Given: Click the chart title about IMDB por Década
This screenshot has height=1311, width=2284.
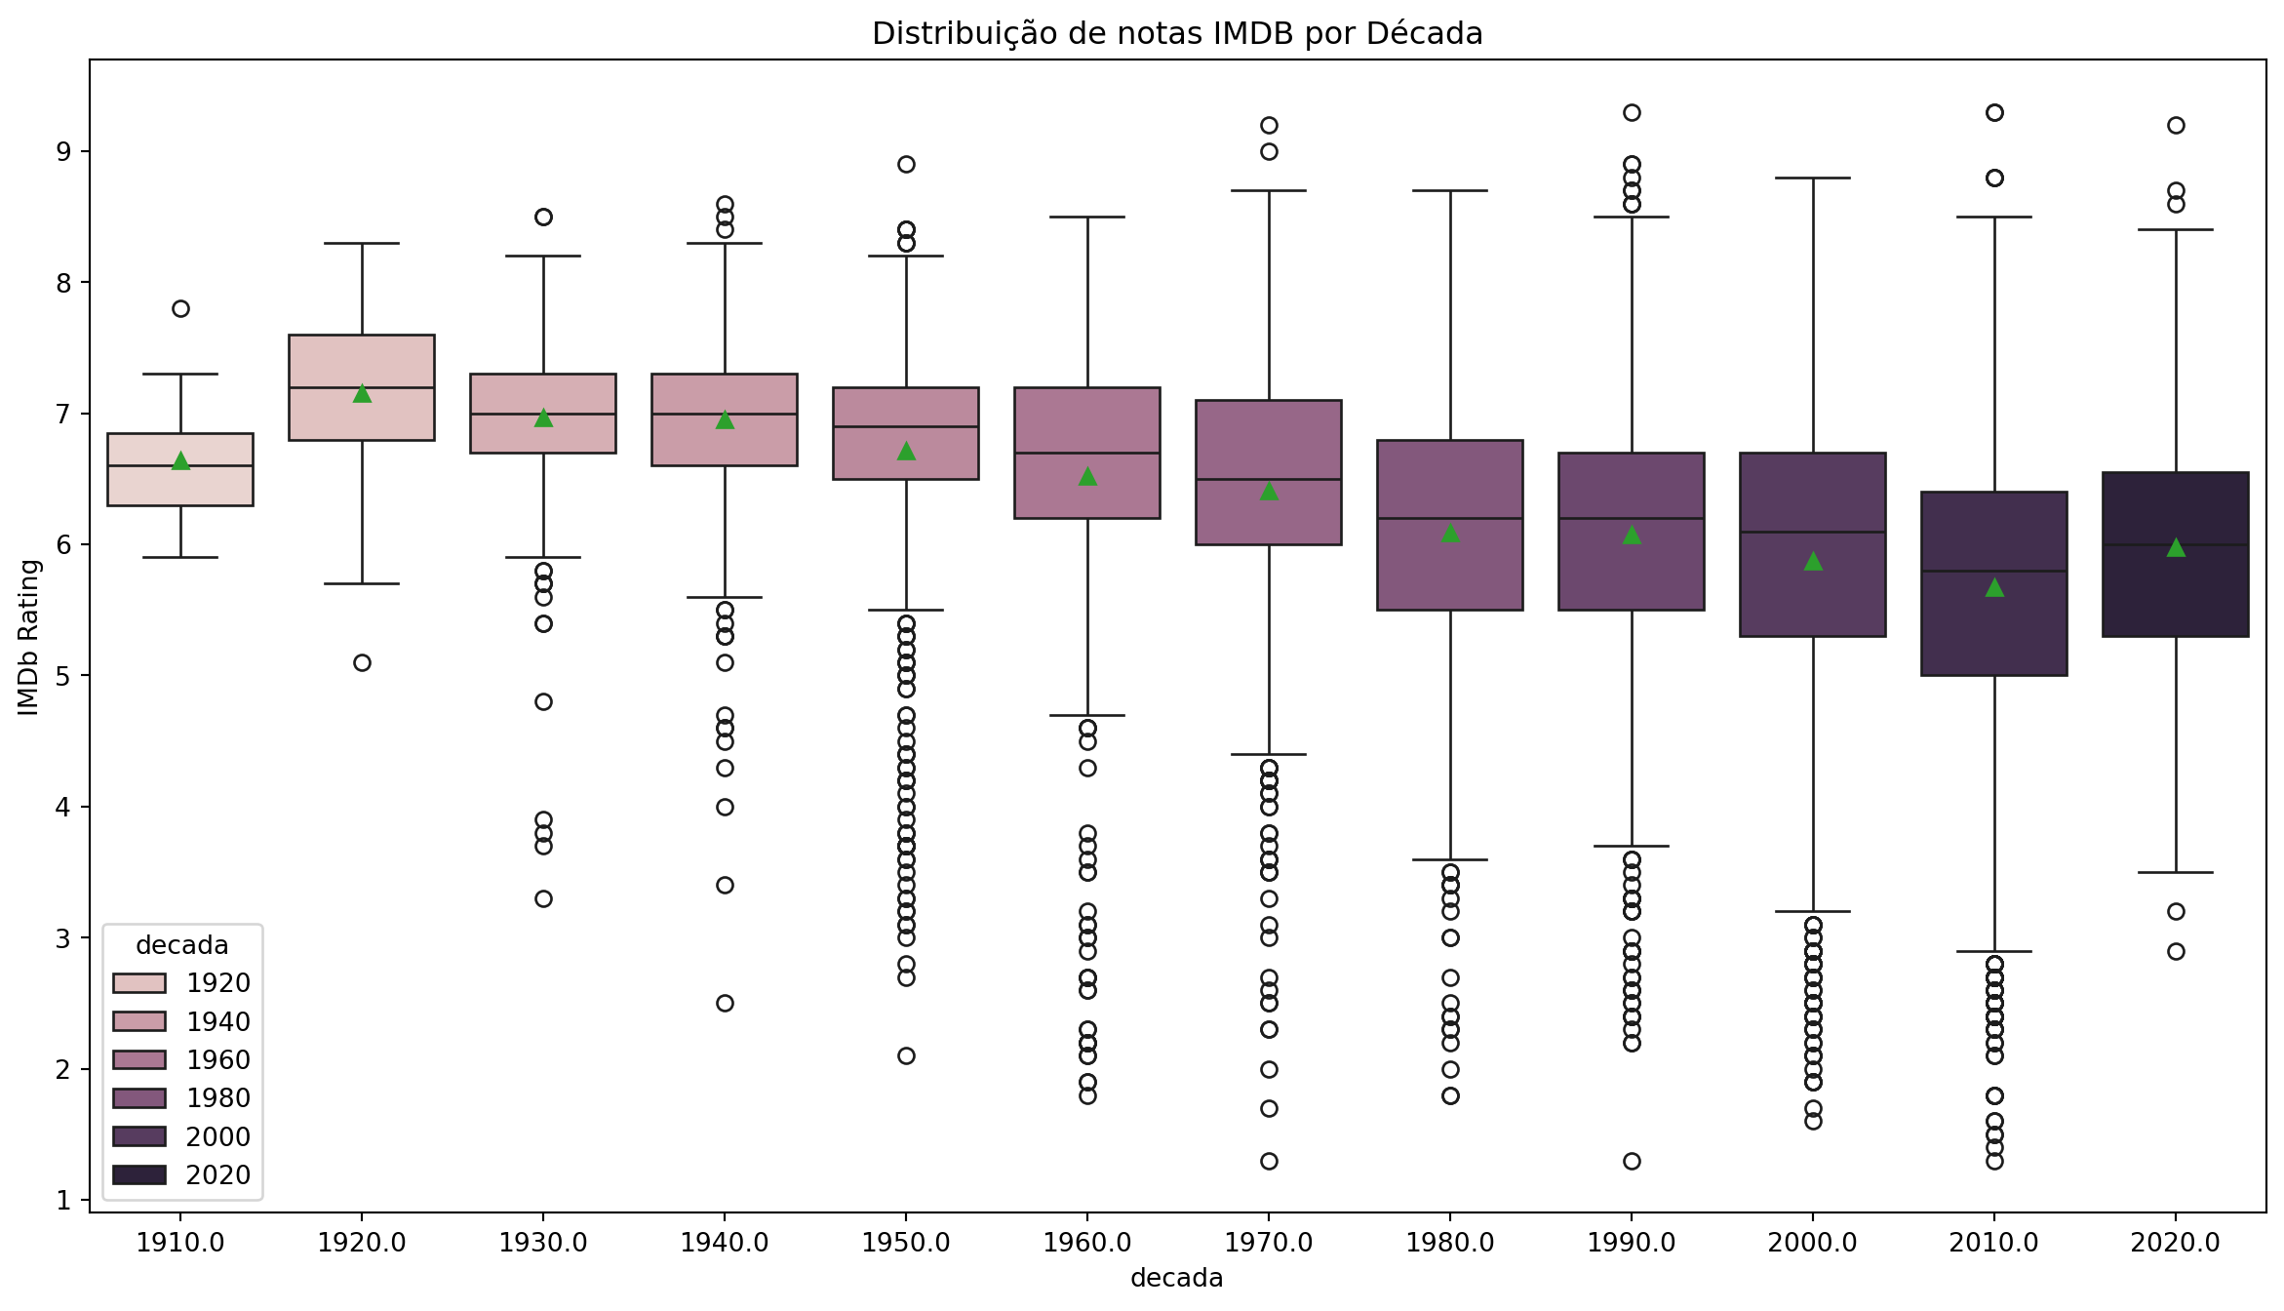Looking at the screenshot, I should point(1176,33).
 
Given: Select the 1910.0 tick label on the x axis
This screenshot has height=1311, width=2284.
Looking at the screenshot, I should point(180,1242).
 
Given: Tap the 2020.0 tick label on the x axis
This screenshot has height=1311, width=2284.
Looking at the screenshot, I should point(2175,1242).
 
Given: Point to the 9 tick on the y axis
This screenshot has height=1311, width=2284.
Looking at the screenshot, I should point(63,151).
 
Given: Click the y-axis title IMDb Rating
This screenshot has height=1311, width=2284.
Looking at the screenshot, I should point(28,637).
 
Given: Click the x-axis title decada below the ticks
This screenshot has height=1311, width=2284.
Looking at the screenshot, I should point(1176,1278).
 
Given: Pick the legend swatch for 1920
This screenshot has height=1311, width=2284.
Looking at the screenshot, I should point(138,982).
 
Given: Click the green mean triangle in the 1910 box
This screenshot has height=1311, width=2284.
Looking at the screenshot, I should point(180,460).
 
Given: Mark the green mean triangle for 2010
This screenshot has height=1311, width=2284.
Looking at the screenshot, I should point(1994,587).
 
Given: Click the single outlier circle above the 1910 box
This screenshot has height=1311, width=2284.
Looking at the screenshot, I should point(180,308).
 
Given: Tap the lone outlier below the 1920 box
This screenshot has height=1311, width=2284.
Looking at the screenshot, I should point(362,662).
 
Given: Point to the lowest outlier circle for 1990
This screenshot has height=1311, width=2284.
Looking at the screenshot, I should point(1632,1161).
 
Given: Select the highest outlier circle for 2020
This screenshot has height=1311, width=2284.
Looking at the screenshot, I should point(2176,125).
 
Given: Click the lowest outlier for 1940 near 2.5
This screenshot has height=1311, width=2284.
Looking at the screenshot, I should point(725,1003).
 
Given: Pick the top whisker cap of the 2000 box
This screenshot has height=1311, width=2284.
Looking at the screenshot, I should point(1813,178).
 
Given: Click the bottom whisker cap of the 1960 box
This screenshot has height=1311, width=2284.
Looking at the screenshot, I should point(1087,715).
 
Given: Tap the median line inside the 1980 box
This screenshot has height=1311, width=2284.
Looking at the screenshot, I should point(1450,518).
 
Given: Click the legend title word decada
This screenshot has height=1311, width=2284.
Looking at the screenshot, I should point(181,945).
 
